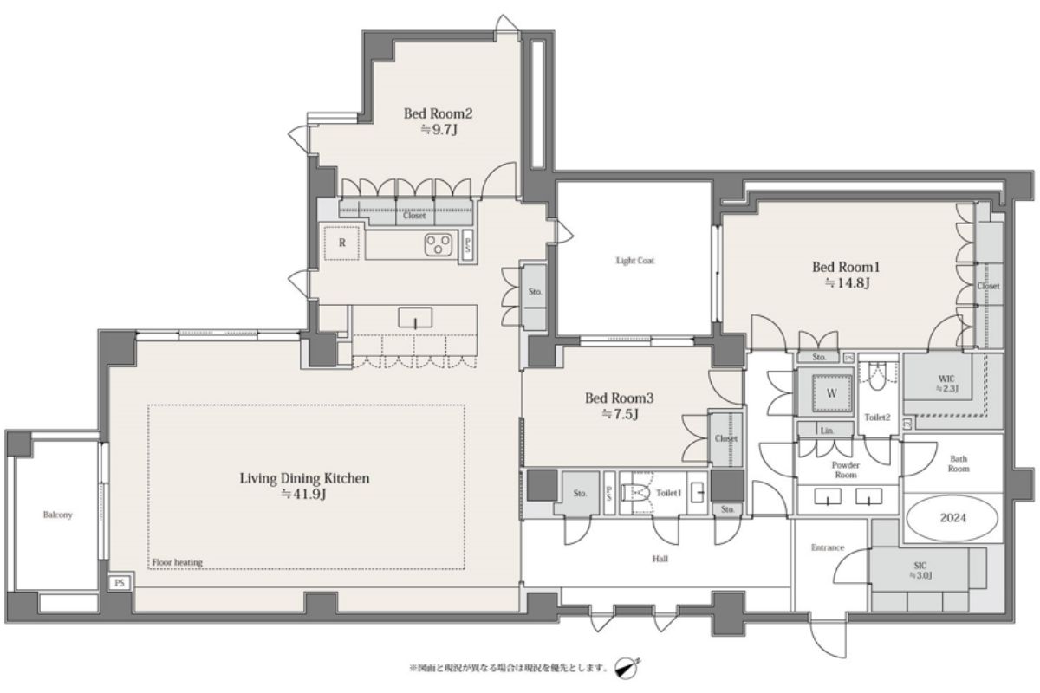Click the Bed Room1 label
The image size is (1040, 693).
click(x=846, y=267)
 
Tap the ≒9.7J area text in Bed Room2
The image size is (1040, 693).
click(x=439, y=129)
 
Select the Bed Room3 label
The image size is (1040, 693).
click(x=619, y=398)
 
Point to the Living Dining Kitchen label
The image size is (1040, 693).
click(x=304, y=478)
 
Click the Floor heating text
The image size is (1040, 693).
click(x=178, y=562)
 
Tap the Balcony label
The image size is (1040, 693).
click(x=57, y=515)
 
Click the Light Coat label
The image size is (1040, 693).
click(x=635, y=261)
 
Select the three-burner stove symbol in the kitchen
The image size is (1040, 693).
click(x=438, y=244)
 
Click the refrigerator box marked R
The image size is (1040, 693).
click(x=341, y=243)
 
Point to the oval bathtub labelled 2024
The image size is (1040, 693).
click(x=952, y=518)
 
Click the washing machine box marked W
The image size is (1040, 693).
click(x=831, y=393)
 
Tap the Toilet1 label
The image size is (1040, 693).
click(x=668, y=493)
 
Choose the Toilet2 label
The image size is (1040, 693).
click(x=877, y=418)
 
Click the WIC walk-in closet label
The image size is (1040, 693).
click(x=946, y=384)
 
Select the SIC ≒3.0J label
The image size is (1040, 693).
click(x=920, y=571)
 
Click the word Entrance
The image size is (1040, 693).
click(x=828, y=547)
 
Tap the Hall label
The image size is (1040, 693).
click(x=660, y=559)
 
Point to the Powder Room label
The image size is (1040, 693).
click(x=846, y=470)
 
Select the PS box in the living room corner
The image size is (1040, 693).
click(x=120, y=582)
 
